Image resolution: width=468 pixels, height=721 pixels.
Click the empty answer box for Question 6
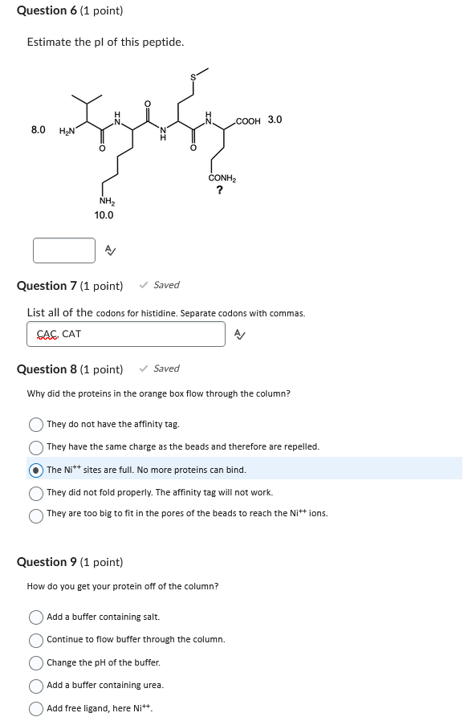point(64,251)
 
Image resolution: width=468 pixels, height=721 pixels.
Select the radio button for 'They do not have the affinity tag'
point(36,424)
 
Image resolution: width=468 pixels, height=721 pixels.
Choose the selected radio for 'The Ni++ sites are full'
point(36,470)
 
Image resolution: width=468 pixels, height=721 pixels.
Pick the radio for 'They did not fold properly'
point(36,492)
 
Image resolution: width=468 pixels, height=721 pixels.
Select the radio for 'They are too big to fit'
point(36,514)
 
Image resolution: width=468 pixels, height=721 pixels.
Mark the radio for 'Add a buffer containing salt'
point(36,617)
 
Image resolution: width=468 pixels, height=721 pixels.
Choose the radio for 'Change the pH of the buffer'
point(36,663)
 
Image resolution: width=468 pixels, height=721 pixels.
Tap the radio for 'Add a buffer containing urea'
point(36,686)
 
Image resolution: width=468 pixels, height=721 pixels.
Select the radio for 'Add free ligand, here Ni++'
point(36,708)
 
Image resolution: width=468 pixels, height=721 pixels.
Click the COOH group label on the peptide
point(249,121)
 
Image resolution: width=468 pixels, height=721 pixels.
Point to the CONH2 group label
point(222,178)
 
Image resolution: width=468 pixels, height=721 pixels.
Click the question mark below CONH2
point(220,190)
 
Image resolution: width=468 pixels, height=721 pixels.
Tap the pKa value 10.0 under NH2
point(104,215)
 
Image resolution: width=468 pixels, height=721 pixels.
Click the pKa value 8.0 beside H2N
point(38,129)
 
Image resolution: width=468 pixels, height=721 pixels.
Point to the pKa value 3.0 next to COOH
point(275,120)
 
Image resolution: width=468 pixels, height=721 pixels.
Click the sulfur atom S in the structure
point(193,77)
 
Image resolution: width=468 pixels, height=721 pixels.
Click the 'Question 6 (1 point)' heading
point(70,10)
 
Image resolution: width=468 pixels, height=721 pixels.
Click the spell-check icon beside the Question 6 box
point(111,251)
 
